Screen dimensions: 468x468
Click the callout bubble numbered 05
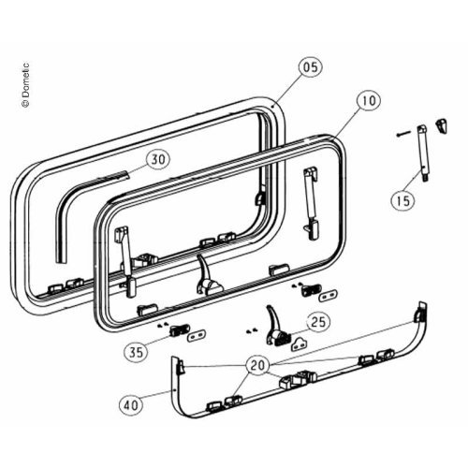[x=311, y=67]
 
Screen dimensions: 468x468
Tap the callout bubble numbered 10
[x=369, y=100]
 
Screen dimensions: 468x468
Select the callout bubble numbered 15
[x=403, y=200]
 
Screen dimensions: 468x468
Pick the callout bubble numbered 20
[x=258, y=365]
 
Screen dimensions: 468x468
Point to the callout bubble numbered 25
[x=318, y=322]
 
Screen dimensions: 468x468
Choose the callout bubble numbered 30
[x=158, y=159]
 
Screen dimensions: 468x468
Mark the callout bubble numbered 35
[x=136, y=352]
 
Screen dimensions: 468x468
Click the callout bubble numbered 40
[x=131, y=405]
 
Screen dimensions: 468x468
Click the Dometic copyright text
[x=25, y=85]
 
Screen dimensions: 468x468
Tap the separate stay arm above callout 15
[x=423, y=154]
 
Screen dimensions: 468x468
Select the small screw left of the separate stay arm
[x=402, y=135]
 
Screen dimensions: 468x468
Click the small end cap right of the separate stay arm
[x=442, y=125]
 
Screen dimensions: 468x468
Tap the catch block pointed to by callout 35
[x=180, y=330]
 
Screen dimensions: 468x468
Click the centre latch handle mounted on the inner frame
[x=207, y=276]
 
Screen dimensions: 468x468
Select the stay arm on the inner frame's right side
[x=312, y=203]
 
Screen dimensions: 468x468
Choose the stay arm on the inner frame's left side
[x=126, y=261]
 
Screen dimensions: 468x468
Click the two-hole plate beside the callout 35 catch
[x=197, y=335]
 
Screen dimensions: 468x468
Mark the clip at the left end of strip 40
[x=181, y=366]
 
